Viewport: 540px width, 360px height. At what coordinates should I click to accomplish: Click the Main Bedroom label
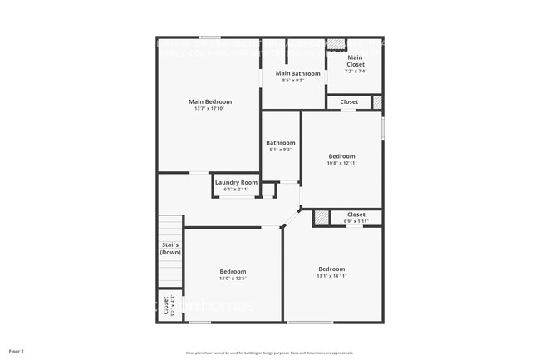pos(209,101)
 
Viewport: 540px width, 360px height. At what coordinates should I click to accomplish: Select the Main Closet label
pos(356,61)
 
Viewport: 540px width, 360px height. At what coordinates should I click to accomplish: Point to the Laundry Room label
pos(236,182)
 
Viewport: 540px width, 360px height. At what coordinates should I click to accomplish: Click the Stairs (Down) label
pos(170,248)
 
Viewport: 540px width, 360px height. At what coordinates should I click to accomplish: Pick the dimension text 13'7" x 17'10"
pos(209,108)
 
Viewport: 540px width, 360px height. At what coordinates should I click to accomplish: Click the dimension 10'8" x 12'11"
pos(341,163)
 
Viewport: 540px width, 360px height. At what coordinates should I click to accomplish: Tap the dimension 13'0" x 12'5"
pos(233,279)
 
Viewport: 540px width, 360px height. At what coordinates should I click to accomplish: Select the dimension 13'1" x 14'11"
pos(331,275)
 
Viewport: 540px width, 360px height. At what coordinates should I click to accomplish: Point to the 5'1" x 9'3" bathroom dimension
pos(281,150)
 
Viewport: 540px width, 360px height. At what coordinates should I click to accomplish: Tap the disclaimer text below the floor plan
pos(269,353)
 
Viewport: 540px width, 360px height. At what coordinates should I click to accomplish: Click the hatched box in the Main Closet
pos(335,45)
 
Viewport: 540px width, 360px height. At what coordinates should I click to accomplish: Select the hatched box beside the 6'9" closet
pos(321,218)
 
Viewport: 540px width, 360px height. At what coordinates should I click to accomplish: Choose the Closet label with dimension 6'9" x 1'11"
pos(356,215)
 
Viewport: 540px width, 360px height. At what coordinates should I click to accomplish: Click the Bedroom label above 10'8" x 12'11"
pos(341,156)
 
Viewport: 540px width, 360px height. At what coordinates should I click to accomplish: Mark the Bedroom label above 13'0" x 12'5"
pos(233,272)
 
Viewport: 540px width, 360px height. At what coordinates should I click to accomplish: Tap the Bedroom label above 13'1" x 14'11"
pos(331,269)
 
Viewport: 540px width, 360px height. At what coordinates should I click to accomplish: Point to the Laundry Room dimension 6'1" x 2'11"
pos(236,190)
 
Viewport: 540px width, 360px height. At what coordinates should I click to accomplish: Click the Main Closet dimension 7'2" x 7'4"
pos(356,71)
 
